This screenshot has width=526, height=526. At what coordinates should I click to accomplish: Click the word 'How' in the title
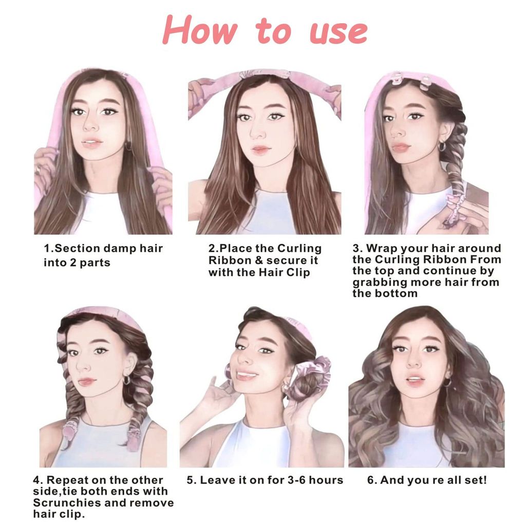point(200,30)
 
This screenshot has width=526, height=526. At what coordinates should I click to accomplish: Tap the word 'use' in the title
point(339,33)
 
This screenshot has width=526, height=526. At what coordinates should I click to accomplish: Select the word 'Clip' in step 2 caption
point(298,272)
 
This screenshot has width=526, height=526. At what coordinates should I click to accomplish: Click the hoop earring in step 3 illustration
point(442,146)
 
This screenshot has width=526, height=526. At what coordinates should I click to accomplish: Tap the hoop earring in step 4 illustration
point(127,380)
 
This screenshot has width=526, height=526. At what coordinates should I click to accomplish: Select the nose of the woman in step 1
point(90,125)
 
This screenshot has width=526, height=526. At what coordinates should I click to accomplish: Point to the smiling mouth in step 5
point(247,375)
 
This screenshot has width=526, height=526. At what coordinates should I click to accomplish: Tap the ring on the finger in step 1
point(38,170)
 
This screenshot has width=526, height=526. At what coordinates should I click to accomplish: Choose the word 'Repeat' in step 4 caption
point(66,480)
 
